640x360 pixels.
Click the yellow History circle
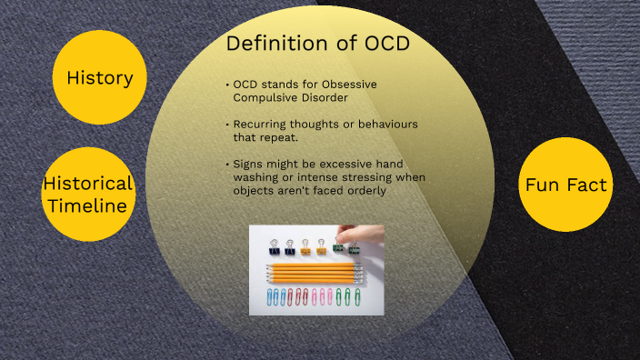100,78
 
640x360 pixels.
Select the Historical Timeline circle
88,194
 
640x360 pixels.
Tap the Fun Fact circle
565,185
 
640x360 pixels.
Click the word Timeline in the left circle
88,205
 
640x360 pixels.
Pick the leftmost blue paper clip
270,297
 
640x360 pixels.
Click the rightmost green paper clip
346,297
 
